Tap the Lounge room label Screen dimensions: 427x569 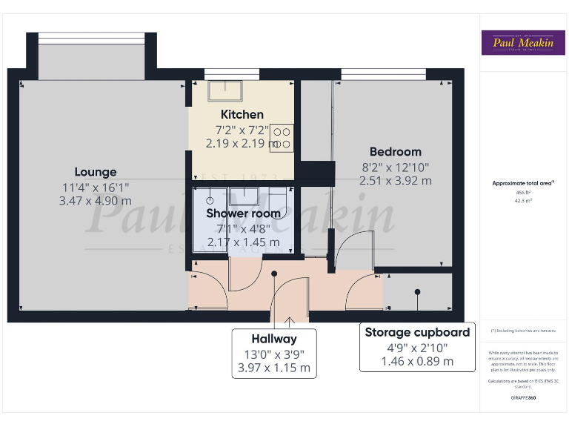pyautogui.click(x=96, y=172)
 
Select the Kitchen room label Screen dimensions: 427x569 pyautogui.click(x=242, y=114)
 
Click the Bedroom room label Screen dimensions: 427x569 pyautogui.click(x=395, y=152)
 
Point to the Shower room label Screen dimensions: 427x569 pyautogui.click(x=244, y=213)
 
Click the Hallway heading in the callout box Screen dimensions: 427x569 pyautogui.click(x=274, y=339)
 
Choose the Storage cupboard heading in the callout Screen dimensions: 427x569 pyautogui.click(x=417, y=332)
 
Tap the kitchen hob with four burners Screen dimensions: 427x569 pyautogui.click(x=282, y=136)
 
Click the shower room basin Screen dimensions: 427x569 pyautogui.click(x=243, y=196)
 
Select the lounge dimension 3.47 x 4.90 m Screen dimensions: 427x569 pyautogui.click(x=96, y=201)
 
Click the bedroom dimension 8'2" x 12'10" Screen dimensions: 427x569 pyautogui.click(x=395, y=167)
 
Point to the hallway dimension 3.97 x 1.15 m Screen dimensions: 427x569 pyautogui.click(x=274, y=368)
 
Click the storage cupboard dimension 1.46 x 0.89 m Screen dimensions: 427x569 pyautogui.click(x=417, y=361)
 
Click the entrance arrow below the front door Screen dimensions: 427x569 pyautogui.click(x=288, y=321)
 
